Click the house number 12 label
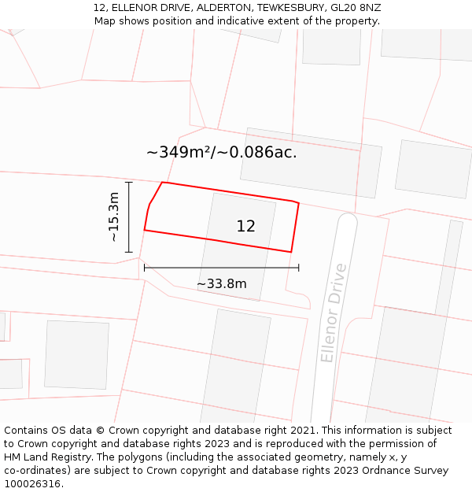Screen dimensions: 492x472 coord(245,227)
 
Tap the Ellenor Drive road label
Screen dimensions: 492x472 coord(334,313)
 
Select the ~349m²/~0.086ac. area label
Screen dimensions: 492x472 coord(222,153)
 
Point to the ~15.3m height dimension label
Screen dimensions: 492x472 coord(114,216)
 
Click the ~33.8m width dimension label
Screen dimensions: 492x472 coord(221,283)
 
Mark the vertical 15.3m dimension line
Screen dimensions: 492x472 coord(129,216)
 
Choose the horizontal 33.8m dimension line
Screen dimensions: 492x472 coord(221,268)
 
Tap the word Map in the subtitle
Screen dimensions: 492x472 coord(105,21)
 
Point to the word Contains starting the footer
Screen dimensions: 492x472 coord(27,431)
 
